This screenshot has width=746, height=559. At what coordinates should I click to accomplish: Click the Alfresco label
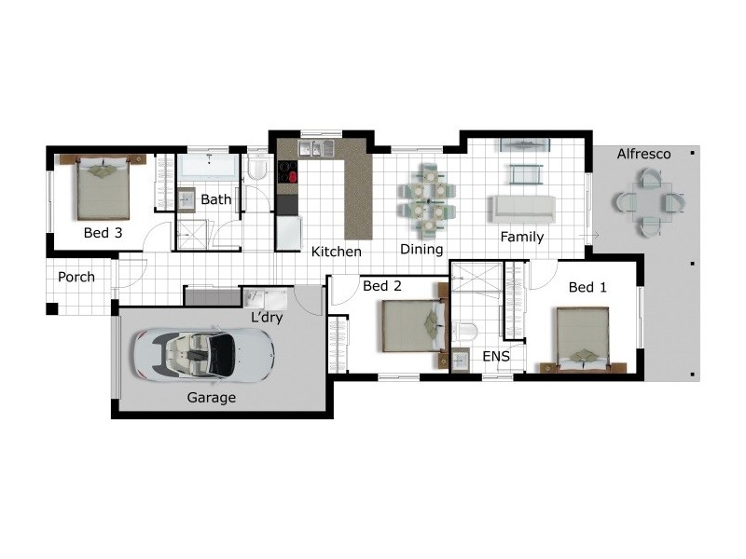(643, 155)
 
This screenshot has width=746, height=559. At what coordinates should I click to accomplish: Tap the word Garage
(212, 398)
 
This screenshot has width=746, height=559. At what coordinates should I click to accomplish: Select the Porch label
(76, 277)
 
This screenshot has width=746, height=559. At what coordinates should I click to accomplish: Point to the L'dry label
(267, 318)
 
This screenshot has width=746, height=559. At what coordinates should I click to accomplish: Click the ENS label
(496, 356)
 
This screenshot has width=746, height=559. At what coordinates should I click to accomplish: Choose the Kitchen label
(336, 252)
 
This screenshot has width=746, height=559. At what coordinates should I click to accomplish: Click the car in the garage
(202, 354)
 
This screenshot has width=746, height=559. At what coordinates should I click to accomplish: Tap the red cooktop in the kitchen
(286, 174)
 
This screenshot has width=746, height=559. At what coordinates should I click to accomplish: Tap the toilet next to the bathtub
(258, 169)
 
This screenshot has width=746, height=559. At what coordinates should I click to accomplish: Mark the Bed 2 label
(381, 285)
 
